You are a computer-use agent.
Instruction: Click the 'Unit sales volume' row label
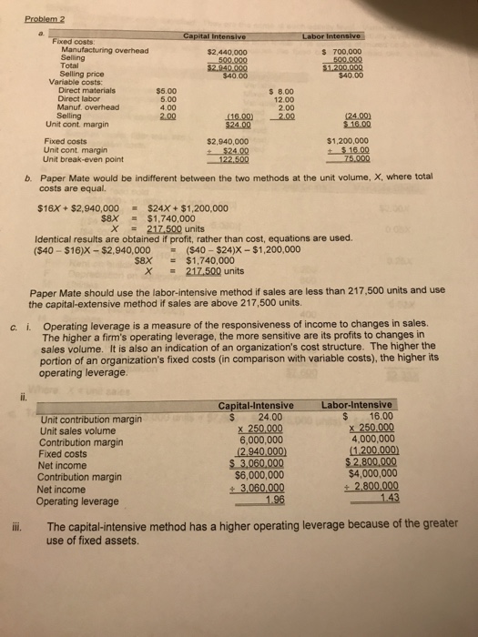pos(84,430)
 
